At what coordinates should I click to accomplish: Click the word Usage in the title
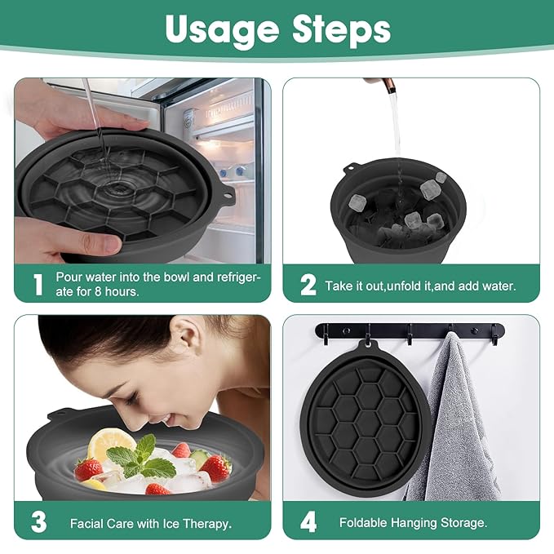(221, 29)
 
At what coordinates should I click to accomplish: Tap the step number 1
(37, 285)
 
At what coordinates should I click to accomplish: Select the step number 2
(308, 285)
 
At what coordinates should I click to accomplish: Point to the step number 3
(38, 523)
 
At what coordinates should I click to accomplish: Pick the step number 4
(308, 523)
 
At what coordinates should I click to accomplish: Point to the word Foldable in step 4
(365, 523)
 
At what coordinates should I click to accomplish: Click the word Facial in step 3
(86, 523)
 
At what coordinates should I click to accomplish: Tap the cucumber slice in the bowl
(200, 459)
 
